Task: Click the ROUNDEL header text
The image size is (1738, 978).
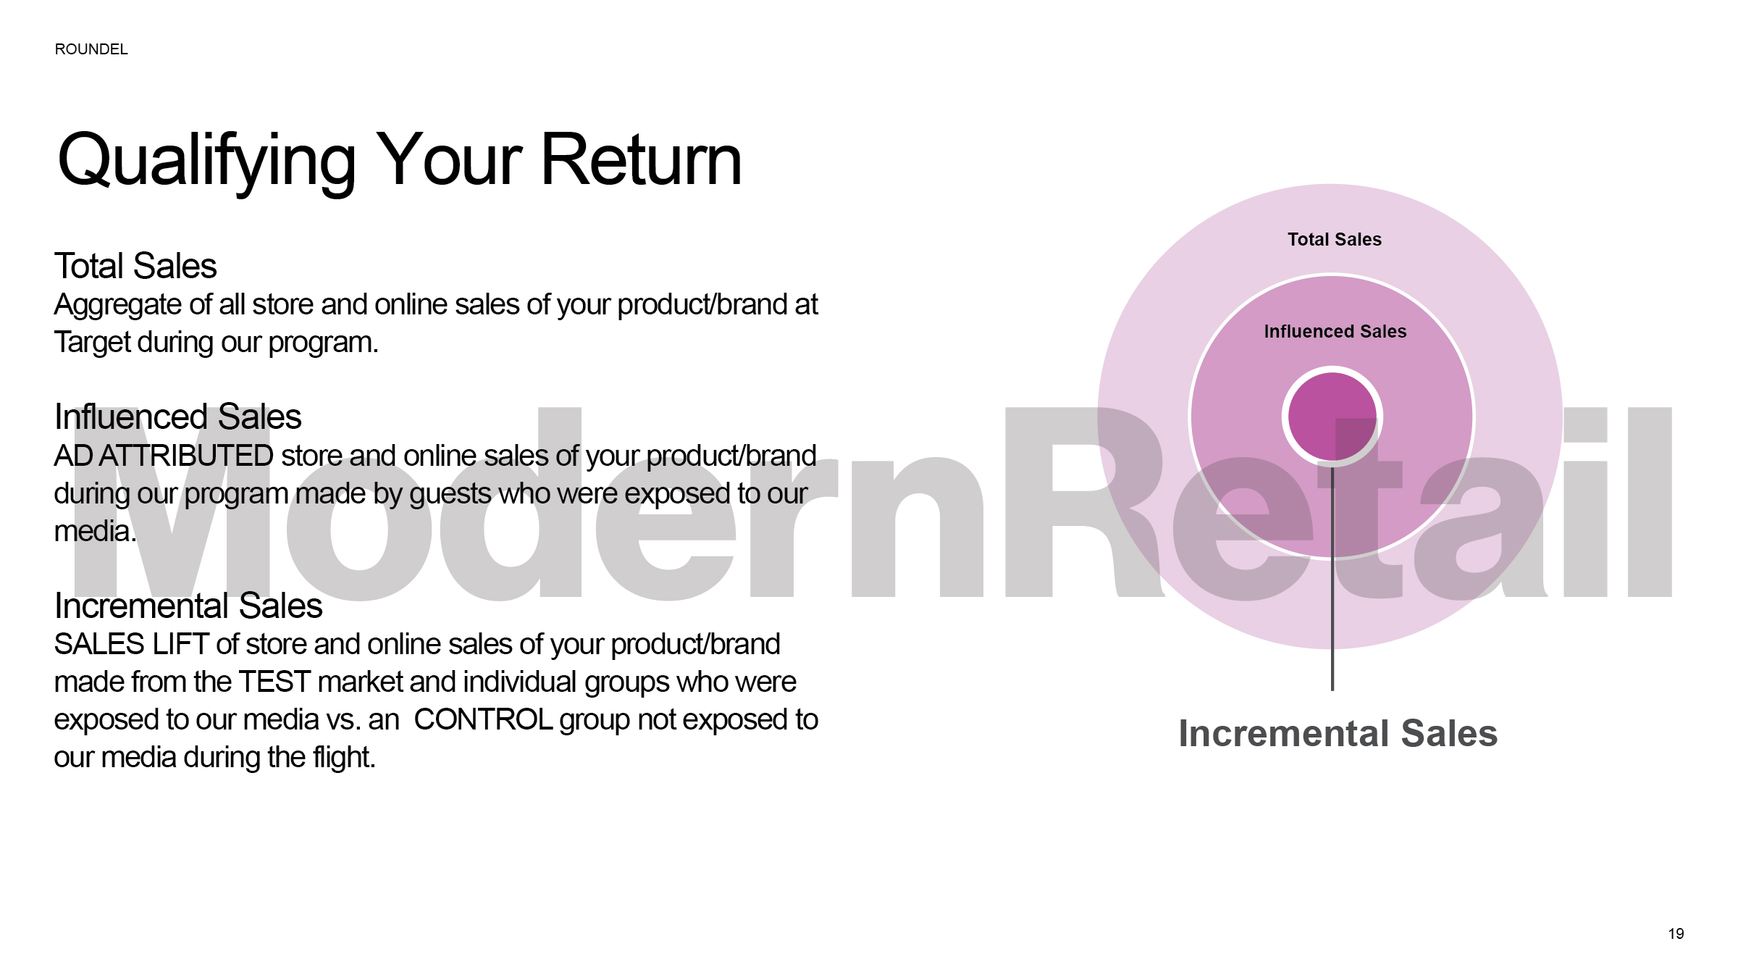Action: point(91,49)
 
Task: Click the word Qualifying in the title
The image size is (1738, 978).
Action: point(207,162)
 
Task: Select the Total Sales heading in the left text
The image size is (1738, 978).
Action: point(135,266)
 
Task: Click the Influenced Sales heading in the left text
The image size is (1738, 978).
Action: point(177,417)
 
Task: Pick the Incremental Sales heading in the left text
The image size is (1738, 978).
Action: point(188,606)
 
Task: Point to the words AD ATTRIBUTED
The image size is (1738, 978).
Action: point(164,456)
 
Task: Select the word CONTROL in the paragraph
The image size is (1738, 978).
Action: point(483,719)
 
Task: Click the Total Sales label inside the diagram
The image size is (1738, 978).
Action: point(1335,240)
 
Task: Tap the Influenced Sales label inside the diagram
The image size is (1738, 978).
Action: point(1335,332)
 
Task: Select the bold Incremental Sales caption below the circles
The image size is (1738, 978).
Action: point(1338,733)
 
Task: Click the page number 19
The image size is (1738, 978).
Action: point(1676,934)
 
